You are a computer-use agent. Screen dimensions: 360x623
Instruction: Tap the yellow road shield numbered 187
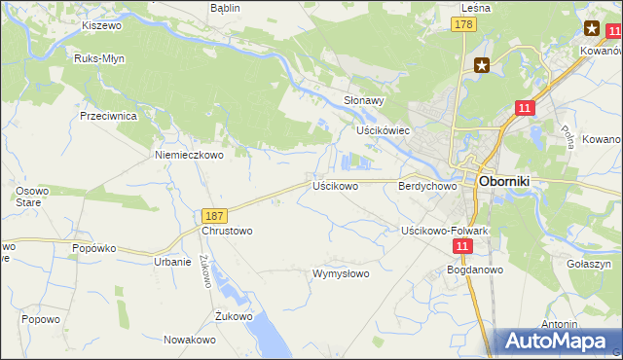[x=216, y=215]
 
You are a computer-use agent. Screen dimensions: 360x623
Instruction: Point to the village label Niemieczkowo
[x=189, y=154]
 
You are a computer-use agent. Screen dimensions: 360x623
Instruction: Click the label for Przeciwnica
[x=108, y=115]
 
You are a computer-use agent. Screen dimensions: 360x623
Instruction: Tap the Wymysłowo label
[x=340, y=273]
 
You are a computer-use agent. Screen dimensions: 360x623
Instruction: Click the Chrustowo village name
[x=227, y=231]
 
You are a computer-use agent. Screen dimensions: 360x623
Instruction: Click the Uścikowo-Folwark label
[x=445, y=231]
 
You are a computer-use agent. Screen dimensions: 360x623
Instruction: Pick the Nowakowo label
[x=189, y=340]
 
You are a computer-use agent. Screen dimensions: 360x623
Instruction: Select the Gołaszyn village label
[x=588, y=264]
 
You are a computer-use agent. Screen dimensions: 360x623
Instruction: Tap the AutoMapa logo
[x=558, y=341]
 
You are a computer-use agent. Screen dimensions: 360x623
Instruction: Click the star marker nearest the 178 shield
[x=482, y=66]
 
